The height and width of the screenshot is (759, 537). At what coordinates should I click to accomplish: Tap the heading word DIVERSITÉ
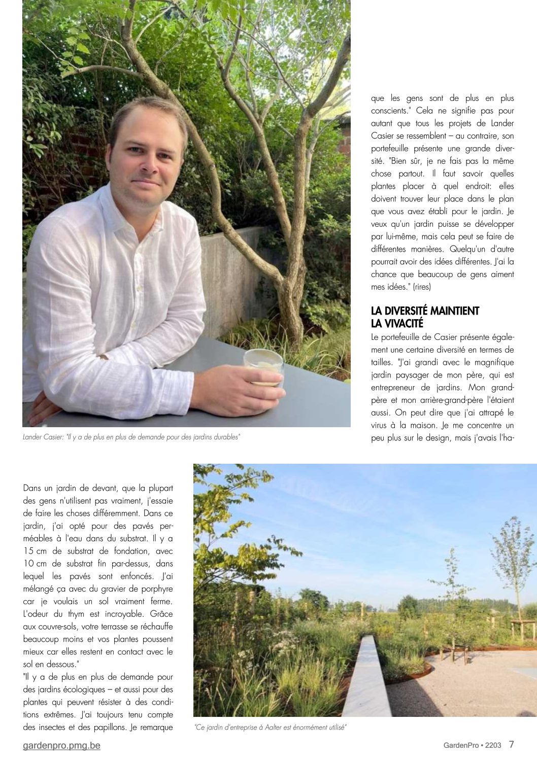[406, 311]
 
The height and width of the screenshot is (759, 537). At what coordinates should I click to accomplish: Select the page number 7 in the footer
[512, 744]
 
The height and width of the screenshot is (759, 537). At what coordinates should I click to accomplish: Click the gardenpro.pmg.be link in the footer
[61, 745]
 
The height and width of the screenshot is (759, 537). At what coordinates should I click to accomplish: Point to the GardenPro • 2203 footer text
[472, 745]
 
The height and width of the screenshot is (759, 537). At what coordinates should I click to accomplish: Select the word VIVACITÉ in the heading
[404, 324]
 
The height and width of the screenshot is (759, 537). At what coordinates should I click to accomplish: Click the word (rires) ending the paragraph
[422, 287]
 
